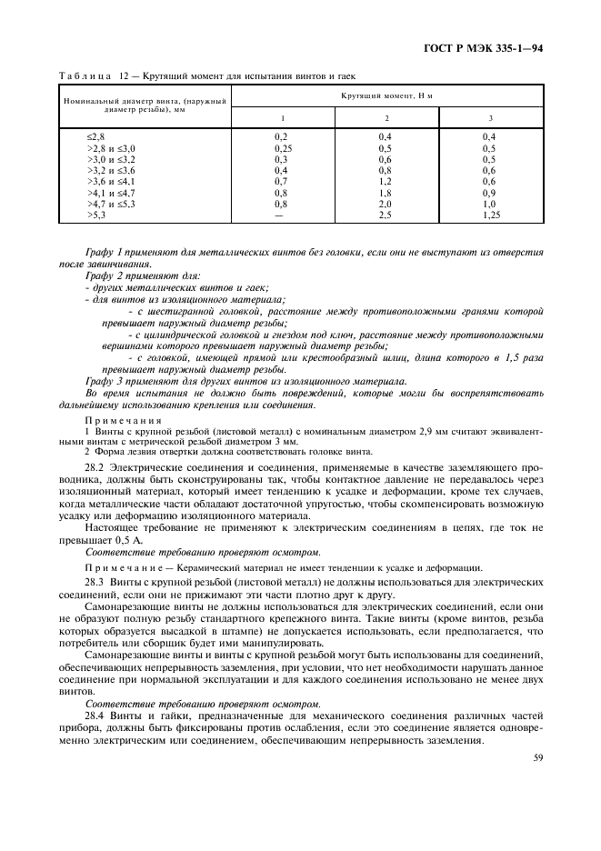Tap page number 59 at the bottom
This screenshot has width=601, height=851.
coord(536,759)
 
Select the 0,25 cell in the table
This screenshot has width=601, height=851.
coord(282,147)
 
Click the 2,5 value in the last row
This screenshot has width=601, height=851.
coord(386,215)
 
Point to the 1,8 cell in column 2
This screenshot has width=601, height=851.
coord(386,193)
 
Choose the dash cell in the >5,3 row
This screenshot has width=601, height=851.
coord(282,215)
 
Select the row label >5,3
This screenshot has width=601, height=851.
coord(96,215)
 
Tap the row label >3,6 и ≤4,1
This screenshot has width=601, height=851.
coord(111,181)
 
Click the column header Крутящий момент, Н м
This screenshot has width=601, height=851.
coord(386,95)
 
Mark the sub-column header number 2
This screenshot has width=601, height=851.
coord(386,118)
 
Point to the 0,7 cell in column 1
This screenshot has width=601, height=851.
coord(282,181)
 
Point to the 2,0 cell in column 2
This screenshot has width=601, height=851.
coord(386,204)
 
